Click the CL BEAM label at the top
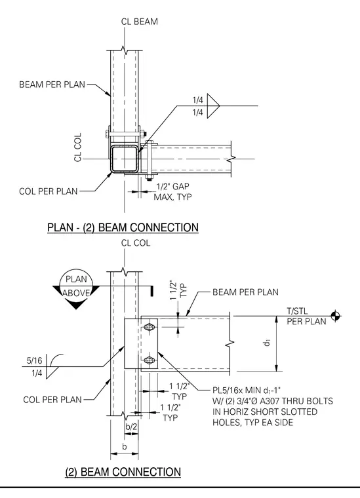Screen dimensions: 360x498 [140, 22]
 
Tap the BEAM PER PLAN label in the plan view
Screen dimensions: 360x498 [52, 85]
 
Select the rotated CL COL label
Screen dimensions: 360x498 [78, 147]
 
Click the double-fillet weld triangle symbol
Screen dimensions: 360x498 [213, 105]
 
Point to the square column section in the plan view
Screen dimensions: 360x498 [125, 159]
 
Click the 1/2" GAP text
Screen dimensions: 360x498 [172, 187]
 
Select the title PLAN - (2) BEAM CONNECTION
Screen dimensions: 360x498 [123, 227]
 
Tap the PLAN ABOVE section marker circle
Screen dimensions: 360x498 [76, 286]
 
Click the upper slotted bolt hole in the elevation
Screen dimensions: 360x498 [149, 326]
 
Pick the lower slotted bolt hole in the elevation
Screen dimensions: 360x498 [149, 360]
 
